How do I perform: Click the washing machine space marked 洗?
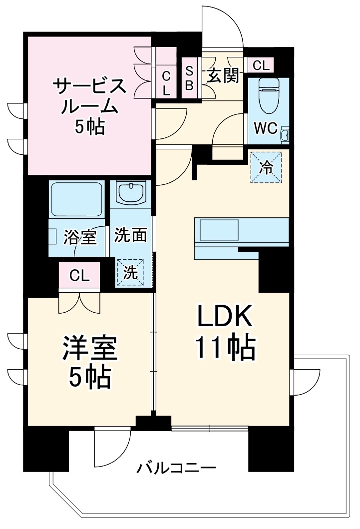[130, 273]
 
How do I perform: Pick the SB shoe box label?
[190, 77]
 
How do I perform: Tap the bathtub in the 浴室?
[76, 199]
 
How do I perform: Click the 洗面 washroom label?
[130, 235]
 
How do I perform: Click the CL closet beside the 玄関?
[261, 65]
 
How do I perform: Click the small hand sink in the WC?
[285, 135]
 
